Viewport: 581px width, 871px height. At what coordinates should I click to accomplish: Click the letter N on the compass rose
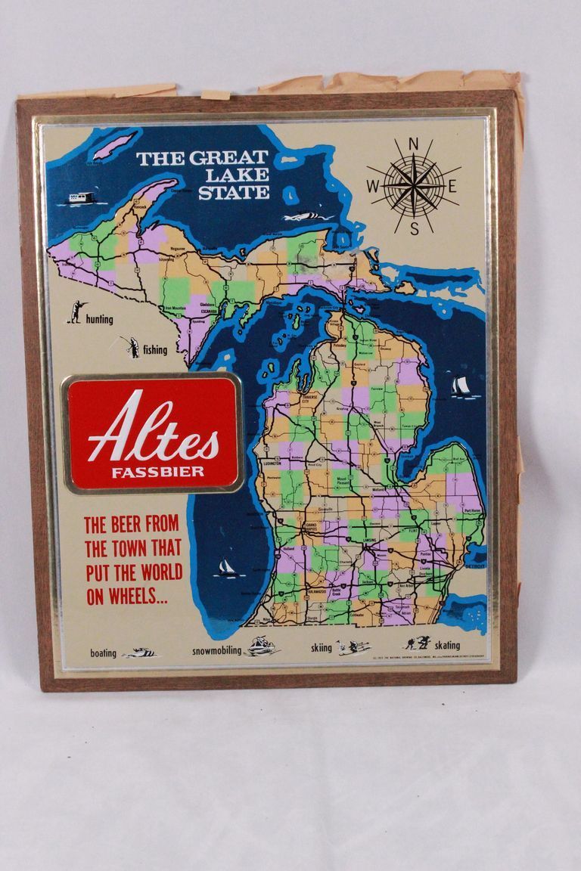414,144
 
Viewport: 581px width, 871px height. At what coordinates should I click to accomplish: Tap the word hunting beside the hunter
99,319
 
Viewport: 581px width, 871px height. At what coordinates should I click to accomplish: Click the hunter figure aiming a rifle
76,311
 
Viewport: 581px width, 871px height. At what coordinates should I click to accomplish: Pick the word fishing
155,350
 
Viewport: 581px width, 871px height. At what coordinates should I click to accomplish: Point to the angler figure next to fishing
131,346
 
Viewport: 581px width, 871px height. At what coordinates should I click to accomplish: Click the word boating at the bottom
104,653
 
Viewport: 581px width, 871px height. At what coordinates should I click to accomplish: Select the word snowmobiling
216,650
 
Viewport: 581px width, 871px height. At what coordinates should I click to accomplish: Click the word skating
446,646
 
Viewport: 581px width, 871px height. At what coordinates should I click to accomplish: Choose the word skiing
322,648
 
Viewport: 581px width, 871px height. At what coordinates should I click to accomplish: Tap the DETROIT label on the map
476,566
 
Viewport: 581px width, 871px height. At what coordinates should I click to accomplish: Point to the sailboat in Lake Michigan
225,567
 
